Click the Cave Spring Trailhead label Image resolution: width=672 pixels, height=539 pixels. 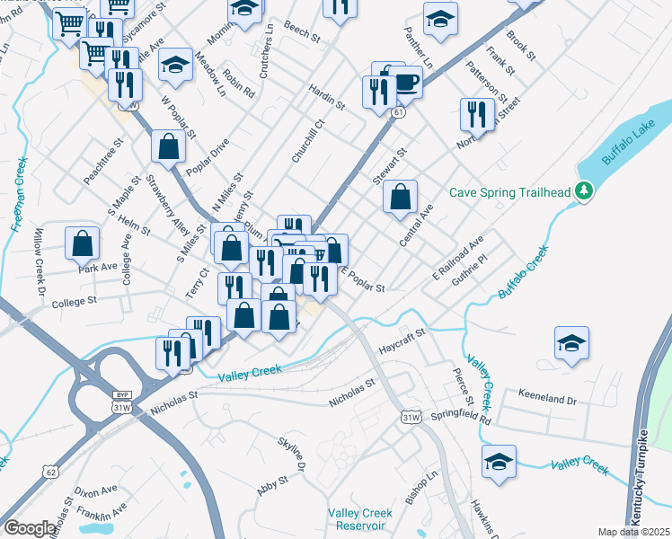511,190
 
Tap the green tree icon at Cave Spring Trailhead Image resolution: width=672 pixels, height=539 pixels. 584,190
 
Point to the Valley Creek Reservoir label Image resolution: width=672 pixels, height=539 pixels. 360,519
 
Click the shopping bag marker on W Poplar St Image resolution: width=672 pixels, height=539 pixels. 169,146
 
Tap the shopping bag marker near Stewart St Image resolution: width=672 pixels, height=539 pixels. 401,196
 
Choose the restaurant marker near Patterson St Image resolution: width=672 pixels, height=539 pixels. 477,114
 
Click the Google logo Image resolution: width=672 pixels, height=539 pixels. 30,528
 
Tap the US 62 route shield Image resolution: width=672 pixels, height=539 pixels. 49,470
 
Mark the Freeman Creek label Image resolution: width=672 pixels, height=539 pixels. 21,195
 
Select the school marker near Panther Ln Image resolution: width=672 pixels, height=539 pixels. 440,20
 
